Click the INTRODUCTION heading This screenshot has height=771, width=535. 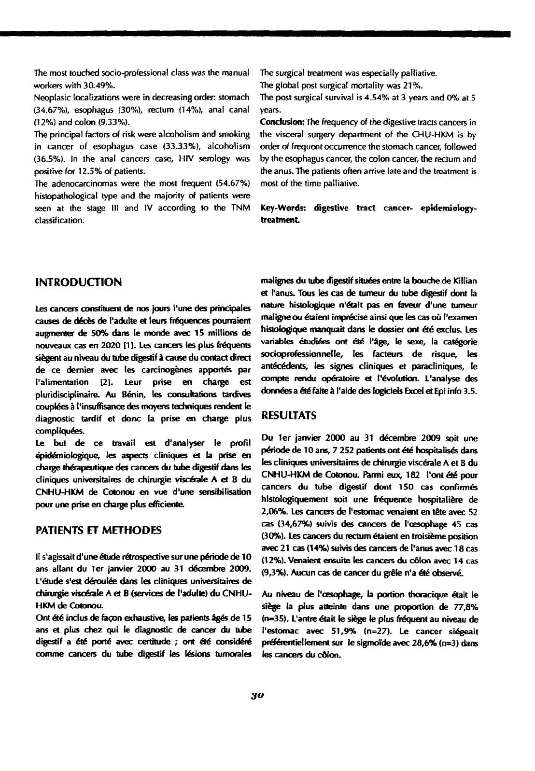(x=79, y=282)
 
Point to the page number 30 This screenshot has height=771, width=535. (x=256, y=696)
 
